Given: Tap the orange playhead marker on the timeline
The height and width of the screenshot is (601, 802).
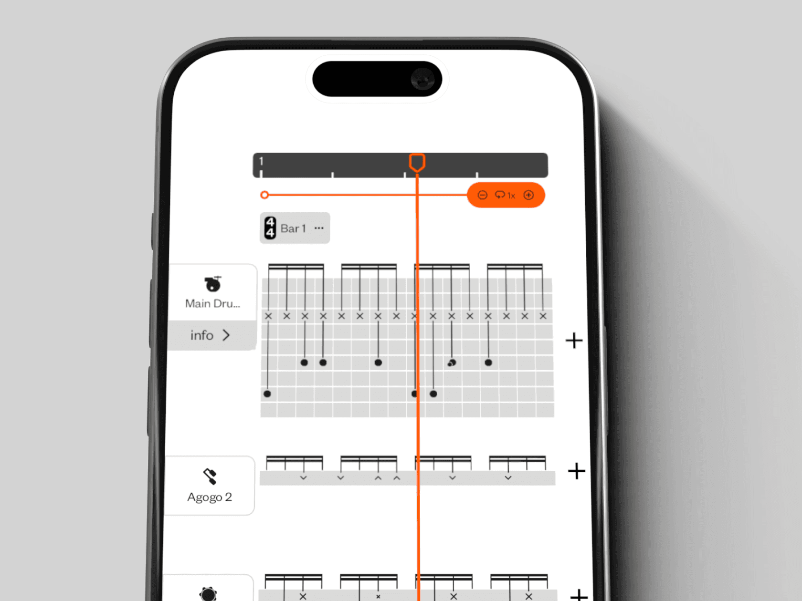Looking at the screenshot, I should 417,162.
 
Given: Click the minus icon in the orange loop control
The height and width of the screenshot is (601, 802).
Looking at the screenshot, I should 482,195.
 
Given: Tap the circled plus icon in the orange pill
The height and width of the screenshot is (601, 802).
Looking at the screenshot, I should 528,195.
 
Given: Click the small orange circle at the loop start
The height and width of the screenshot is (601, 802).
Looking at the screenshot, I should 264,195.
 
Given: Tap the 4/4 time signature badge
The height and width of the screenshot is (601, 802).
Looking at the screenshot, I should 270,228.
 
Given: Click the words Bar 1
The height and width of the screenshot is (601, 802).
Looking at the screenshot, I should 293,228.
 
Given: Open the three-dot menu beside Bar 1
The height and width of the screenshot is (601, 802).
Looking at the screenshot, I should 319,228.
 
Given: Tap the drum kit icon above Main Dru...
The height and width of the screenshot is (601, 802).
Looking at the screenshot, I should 212,284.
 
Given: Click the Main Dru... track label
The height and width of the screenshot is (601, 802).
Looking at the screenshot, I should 212,304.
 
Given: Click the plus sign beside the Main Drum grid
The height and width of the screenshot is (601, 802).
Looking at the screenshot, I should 574,341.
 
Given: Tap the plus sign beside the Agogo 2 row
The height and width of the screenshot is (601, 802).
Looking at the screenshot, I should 576,471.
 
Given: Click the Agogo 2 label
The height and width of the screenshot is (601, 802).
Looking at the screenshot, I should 210,497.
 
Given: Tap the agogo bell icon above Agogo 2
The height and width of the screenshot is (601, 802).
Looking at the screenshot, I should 210,476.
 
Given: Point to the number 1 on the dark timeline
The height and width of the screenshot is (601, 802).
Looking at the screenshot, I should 261,161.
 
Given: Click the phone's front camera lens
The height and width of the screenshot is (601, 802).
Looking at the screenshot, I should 422,79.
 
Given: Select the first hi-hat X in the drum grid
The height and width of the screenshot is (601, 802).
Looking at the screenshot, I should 268,316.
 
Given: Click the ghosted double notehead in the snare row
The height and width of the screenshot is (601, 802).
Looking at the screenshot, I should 451,363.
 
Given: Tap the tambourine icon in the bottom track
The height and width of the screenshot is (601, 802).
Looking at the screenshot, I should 208,594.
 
